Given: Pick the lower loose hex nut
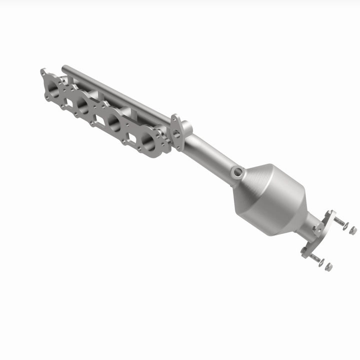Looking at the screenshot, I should (x=328, y=267).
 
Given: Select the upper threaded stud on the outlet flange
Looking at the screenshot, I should (x=338, y=221).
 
